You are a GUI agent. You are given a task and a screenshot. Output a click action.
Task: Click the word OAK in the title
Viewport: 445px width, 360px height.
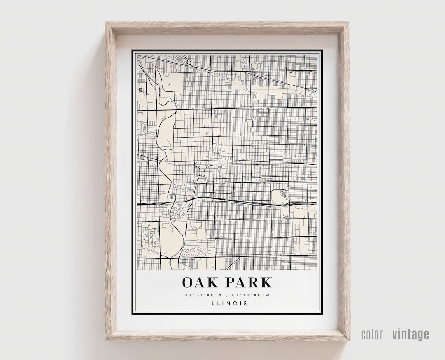200,282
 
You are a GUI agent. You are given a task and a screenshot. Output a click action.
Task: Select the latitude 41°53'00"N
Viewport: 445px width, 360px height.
203,295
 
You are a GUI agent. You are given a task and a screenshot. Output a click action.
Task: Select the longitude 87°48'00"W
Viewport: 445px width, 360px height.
251,295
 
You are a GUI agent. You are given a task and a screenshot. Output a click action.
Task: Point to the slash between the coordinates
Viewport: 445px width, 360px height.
227,295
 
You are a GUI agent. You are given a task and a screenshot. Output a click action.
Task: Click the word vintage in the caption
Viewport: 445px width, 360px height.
410,334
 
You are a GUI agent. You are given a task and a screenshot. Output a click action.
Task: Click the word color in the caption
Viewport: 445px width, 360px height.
373,334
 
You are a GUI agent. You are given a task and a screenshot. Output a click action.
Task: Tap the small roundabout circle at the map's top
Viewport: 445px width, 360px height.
189,63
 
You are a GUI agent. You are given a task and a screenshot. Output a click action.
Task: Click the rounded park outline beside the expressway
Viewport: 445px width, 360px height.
279,197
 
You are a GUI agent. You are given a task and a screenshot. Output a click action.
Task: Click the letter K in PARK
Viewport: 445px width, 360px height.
266,282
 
